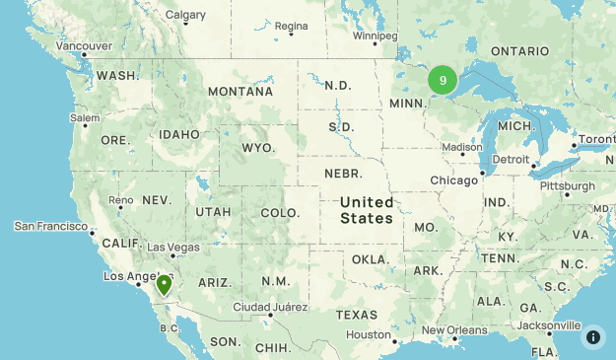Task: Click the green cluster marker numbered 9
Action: pyautogui.click(x=443, y=81)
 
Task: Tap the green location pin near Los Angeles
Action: pyautogui.click(x=164, y=285)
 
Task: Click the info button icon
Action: pyautogui.click(x=592, y=336)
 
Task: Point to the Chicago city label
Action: pyautogui.click(x=453, y=180)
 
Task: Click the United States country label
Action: pyautogui.click(x=367, y=210)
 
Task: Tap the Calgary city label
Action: pyautogui.click(x=185, y=15)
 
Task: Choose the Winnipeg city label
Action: pyautogui.click(x=375, y=36)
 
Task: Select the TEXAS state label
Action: pyautogui.click(x=356, y=315)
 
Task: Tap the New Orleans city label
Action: pyautogui.click(x=452, y=330)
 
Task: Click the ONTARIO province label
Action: pyautogui.click(x=519, y=50)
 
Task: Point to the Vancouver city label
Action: pyautogui.click(x=84, y=46)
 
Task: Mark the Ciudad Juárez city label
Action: pyautogui.click(x=264, y=307)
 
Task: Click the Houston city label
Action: pyautogui.click(x=369, y=334)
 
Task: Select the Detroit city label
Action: pyautogui.click(x=511, y=159)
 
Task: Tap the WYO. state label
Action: pyautogui.click(x=258, y=148)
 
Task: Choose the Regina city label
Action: pyautogui.click(x=292, y=26)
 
